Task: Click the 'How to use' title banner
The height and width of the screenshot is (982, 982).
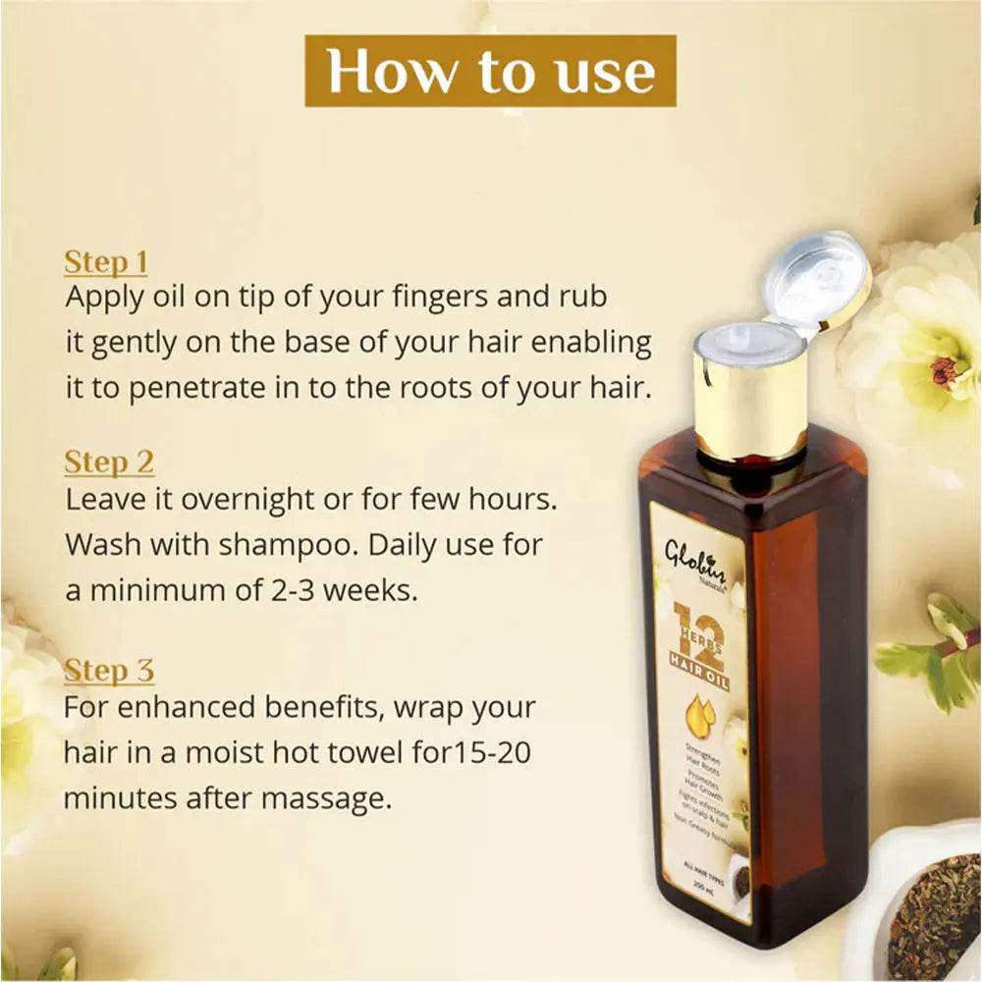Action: pyautogui.click(x=490, y=71)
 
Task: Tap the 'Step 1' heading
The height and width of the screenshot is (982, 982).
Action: pyautogui.click(x=105, y=262)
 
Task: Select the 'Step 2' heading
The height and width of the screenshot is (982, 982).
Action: pyautogui.click(x=109, y=463)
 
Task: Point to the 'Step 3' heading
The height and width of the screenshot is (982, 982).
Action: pyautogui.click(x=109, y=672)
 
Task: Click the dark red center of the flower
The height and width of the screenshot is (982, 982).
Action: pyautogui.click(x=944, y=371)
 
